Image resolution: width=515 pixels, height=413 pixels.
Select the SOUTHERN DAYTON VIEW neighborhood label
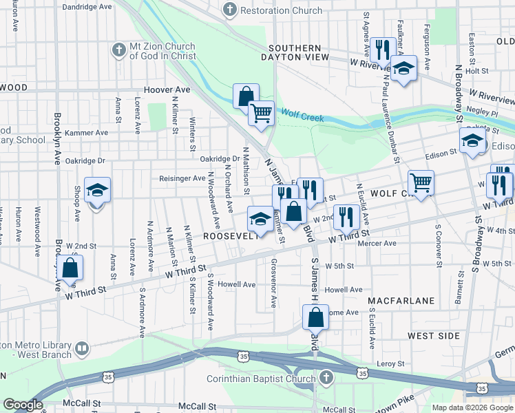click(x=299, y=52)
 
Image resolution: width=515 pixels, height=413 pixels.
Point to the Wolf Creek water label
click(x=302, y=117)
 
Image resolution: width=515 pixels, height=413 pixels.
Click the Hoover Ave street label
click(x=167, y=90)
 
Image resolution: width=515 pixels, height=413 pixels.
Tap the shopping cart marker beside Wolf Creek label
click(x=261, y=113)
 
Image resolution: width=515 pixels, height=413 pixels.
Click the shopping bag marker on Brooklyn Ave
click(x=70, y=268)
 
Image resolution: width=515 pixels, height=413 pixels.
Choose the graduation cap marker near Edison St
click(x=472, y=142)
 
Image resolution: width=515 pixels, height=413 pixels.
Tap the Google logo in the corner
click(x=23, y=405)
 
